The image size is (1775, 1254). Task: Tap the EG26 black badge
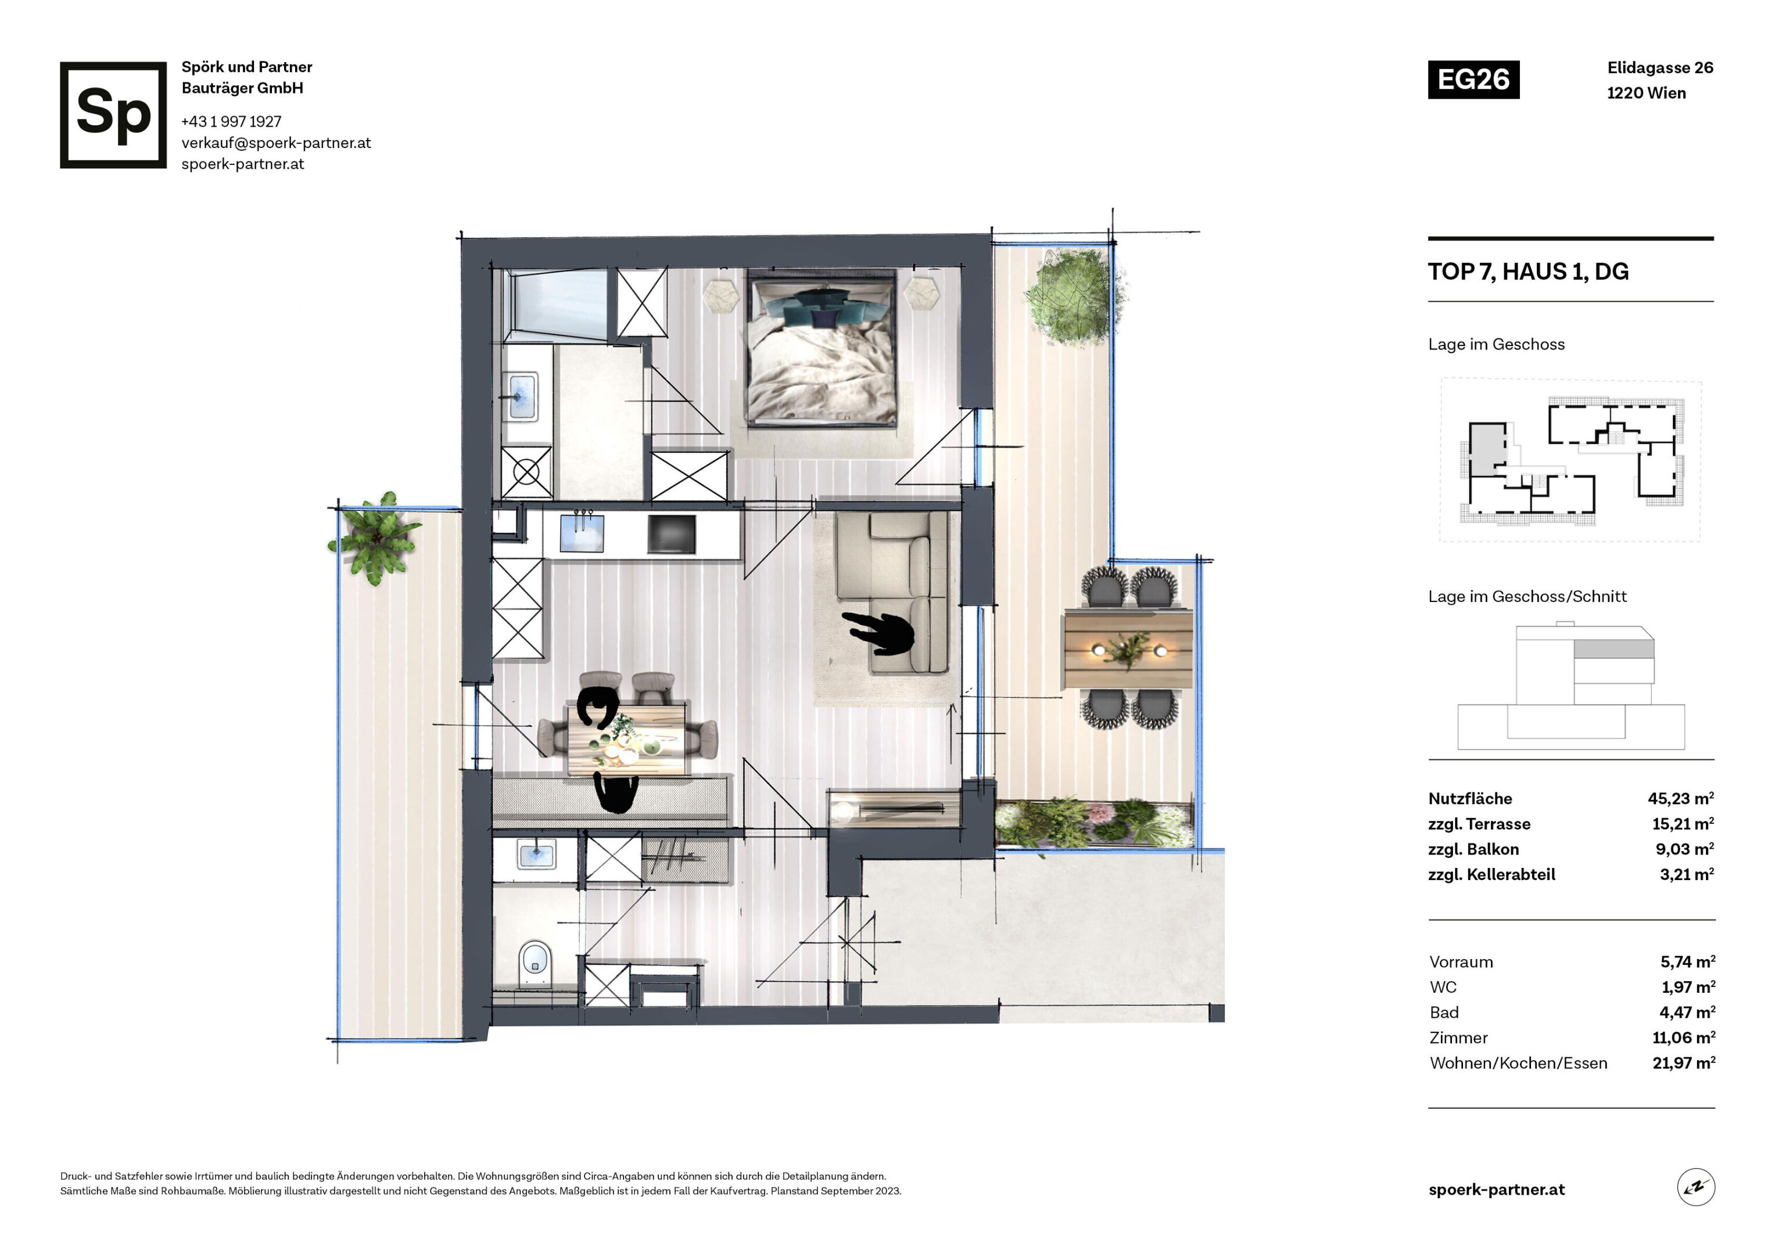click(1473, 80)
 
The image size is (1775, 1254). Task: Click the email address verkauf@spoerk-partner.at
click(276, 143)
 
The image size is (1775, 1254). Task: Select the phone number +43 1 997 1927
click(231, 121)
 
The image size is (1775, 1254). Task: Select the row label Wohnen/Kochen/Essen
click(1518, 1063)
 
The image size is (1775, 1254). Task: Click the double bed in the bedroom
click(821, 347)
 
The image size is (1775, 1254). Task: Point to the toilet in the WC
click(534, 961)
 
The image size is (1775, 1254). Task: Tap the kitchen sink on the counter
click(582, 533)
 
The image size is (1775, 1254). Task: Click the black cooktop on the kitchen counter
click(671, 535)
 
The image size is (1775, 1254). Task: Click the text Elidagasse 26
click(1660, 68)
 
